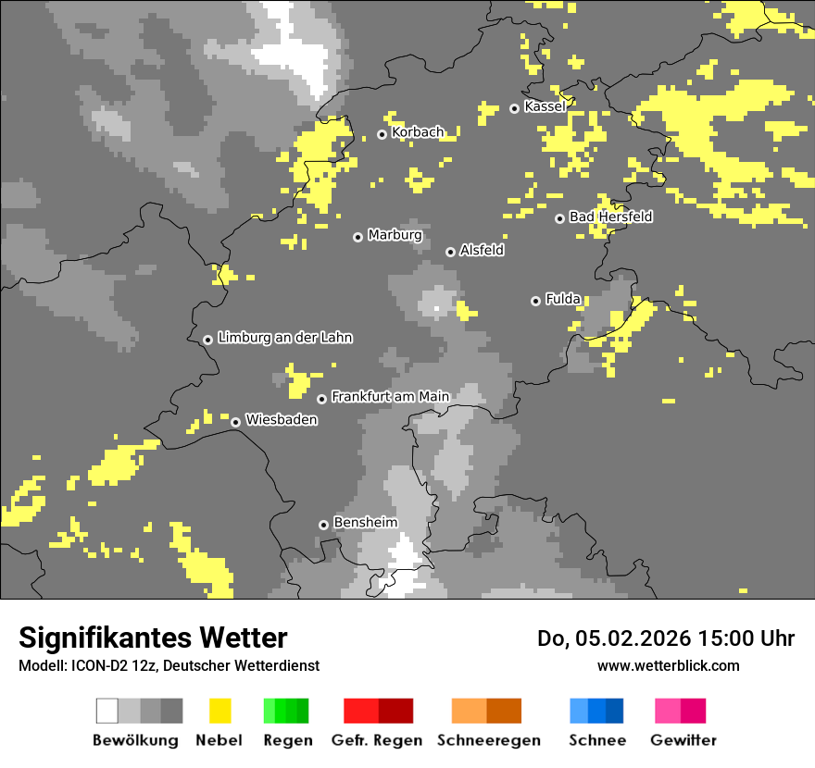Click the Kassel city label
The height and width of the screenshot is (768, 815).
[545, 107]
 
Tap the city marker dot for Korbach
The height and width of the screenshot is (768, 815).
[382, 134]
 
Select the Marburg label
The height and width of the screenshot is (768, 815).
[395, 235]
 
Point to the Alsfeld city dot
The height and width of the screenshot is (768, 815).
[450, 252]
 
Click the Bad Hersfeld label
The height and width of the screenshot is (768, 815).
[610, 217]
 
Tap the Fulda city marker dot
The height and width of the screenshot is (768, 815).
[535, 301]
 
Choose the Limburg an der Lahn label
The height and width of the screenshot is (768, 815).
[284, 338]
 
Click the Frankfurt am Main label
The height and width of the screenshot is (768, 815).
[390, 397]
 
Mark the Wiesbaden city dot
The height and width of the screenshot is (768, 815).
[235, 422]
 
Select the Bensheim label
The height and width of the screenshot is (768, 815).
[365, 523]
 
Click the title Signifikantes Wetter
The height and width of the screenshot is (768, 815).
[153, 638]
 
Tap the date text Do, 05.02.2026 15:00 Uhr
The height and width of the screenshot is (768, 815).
[665, 638]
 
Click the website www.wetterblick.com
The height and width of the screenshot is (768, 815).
[668, 665]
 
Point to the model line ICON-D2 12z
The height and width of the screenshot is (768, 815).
[169, 665]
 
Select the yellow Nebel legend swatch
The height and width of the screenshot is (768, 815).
[219, 711]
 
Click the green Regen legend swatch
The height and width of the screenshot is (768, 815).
[286, 711]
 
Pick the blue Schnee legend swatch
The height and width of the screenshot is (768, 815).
[596, 711]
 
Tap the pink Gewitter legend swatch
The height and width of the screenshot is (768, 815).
[680, 711]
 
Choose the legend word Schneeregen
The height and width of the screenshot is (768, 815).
[489, 740]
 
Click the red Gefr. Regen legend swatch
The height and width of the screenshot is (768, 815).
[378, 711]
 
